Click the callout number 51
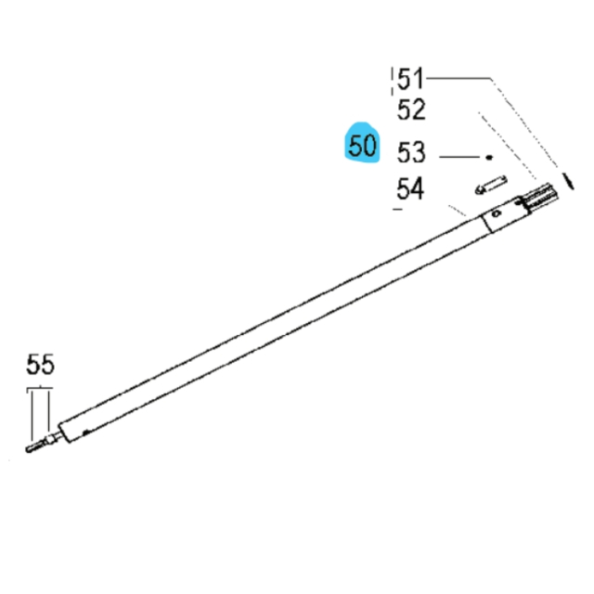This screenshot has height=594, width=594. (x=410, y=79)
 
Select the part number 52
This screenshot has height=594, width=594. (x=410, y=110)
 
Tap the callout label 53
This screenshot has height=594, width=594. (x=410, y=150)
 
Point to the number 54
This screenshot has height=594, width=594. (x=410, y=189)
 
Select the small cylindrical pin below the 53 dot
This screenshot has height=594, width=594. (x=488, y=186)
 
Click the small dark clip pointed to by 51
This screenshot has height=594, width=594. (x=566, y=178)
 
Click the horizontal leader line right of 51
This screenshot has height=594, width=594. (x=459, y=78)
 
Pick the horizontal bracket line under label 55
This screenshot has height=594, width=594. (x=41, y=387)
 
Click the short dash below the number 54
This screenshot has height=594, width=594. (x=399, y=211)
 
